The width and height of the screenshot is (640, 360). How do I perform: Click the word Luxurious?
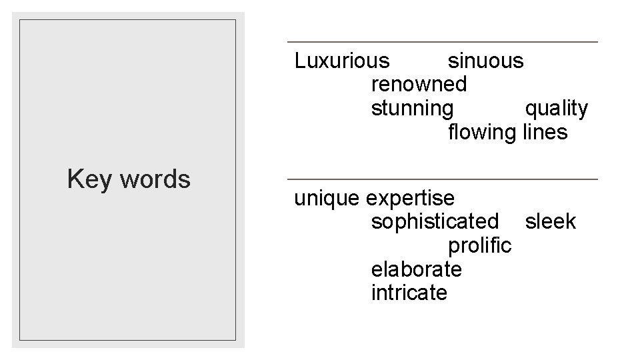pyautogui.click(x=342, y=61)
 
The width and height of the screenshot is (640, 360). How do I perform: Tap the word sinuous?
pyautogui.click(x=485, y=61)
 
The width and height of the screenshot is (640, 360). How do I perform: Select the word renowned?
pyautogui.click(x=418, y=85)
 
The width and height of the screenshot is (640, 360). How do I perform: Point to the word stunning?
pyautogui.click(x=412, y=109)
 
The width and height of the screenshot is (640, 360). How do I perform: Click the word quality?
pyautogui.click(x=556, y=108)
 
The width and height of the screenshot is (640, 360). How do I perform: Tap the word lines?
pyautogui.click(x=545, y=132)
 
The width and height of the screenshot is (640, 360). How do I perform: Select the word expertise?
pyautogui.click(x=411, y=199)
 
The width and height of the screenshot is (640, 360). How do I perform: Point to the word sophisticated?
pyautogui.click(x=435, y=221)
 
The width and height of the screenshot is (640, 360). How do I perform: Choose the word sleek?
pyautogui.click(x=550, y=221)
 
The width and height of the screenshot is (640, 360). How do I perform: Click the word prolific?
pyautogui.click(x=480, y=245)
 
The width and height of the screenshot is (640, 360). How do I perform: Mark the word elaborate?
pyautogui.click(x=416, y=269)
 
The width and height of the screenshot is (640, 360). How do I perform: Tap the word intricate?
pyautogui.click(x=409, y=293)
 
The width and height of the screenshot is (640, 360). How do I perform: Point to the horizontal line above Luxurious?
pyautogui.click(x=442, y=42)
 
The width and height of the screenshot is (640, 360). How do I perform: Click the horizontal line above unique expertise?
pyautogui.click(x=442, y=179)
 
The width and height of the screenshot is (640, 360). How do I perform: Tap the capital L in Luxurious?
pyautogui.click(x=299, y=61)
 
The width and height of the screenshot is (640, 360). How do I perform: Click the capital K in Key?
pyautogui.click(x=74, y=179)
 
